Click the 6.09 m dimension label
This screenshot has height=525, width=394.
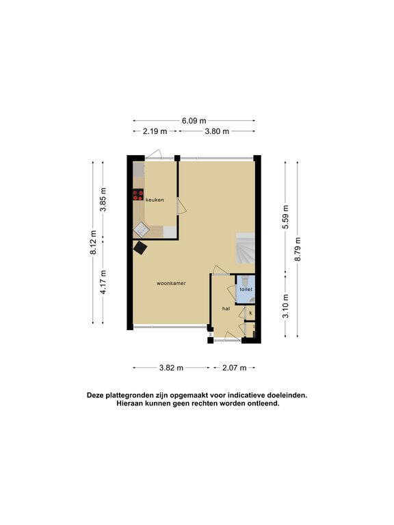[194, 120]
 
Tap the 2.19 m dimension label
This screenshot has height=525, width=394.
[155, 131]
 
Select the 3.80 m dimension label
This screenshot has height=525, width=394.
[217, 131]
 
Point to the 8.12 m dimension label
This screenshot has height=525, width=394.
[93, 243]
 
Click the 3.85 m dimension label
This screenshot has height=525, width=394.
[103, 199]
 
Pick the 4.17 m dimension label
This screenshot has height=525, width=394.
[103, 282]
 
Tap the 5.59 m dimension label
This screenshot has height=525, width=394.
[285, 217]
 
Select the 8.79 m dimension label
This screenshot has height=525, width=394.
[298, 249]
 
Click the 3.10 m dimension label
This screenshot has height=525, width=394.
[285, 306]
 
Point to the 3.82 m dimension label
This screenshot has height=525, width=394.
[171, 368]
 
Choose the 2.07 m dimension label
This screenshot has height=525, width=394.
[234, 368]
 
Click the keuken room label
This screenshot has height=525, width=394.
[155, 200]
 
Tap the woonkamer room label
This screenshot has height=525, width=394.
[171, 283]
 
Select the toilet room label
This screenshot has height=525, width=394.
[246, 289]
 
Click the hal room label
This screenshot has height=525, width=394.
[226, 309]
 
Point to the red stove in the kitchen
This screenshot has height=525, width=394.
[138, 195]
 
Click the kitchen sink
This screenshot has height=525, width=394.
[142, 230]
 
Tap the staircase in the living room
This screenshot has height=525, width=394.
[246, 248]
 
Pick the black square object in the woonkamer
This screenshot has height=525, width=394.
[140, 248]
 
